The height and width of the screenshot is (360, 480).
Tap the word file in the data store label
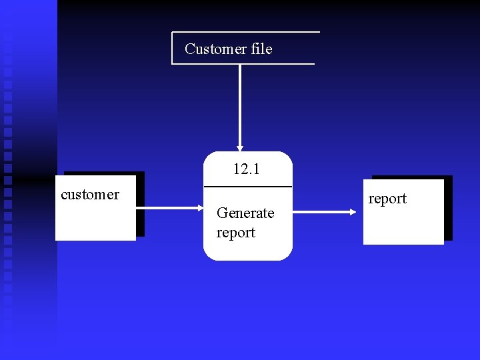[259, 49]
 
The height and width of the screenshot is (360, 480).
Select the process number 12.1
[246, 169]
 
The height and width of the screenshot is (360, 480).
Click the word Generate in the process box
[245, 213]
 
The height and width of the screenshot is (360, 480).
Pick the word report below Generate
[235, 233]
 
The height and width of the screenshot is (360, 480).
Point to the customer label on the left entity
[89, 195]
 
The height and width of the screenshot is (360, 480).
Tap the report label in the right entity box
[387, 199]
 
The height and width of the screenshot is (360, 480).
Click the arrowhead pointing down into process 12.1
[240, 147]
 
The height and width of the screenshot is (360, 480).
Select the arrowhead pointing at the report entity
[353, 213]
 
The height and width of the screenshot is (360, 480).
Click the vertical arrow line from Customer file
[240, 100]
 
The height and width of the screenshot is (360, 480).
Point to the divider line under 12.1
[247, 186]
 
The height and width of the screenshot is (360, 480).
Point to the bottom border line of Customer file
[243, 64]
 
